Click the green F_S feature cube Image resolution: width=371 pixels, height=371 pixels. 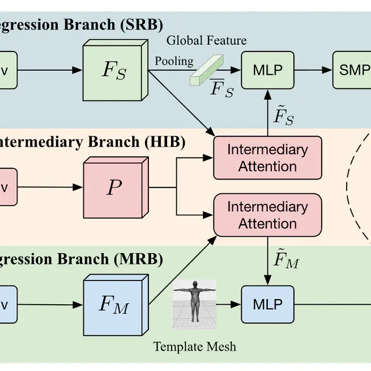pyautogui.click(x=116, y=70)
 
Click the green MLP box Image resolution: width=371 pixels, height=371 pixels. pyautogui.click(x=268, y=70)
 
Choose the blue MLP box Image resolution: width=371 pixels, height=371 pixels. pyautogui.click(x=268, y=304)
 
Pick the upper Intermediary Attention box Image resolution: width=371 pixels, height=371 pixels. pyautogui.click(x=267, y=158)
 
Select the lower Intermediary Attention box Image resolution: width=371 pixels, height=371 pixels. pyautogui.click(x=267, y=215)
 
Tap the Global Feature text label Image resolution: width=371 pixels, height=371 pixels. pyautogui.click(x=206, y=40)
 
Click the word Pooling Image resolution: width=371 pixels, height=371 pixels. pyautogui.click(x=174, y=61)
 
